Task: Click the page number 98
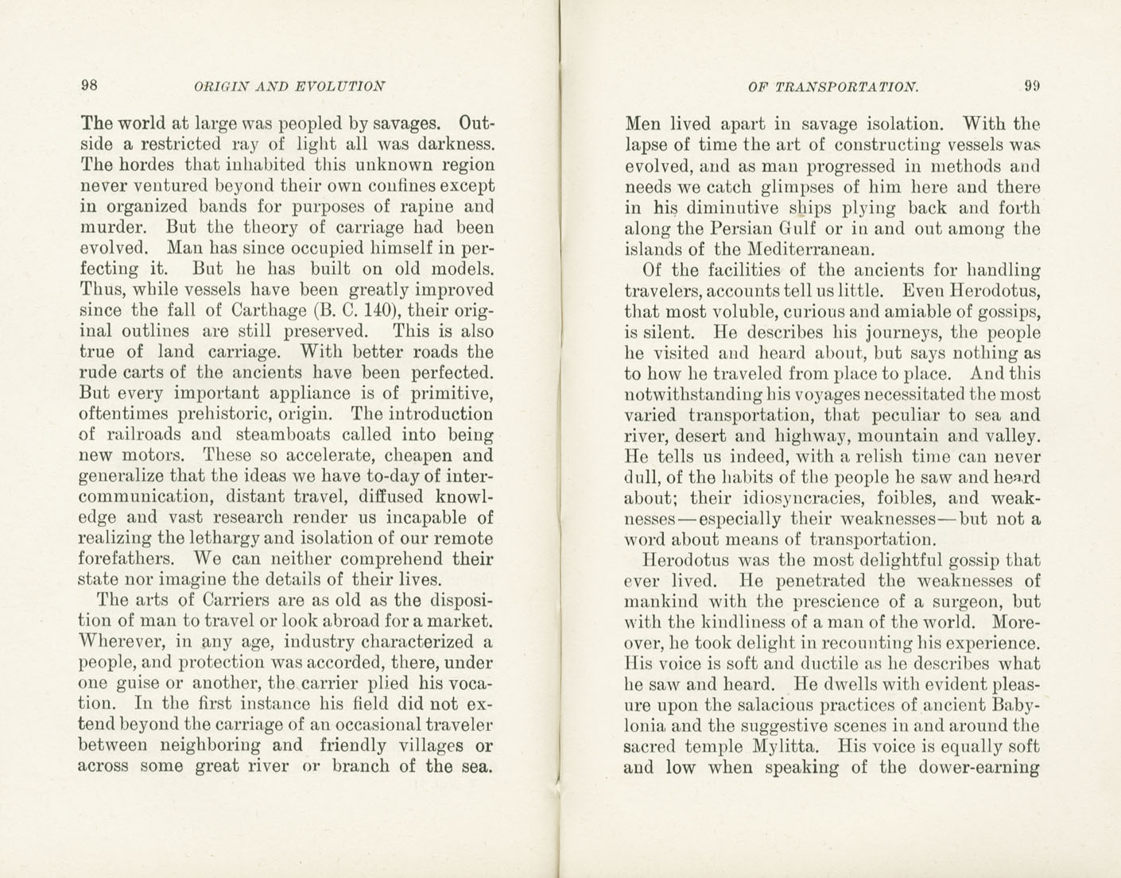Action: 88,86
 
